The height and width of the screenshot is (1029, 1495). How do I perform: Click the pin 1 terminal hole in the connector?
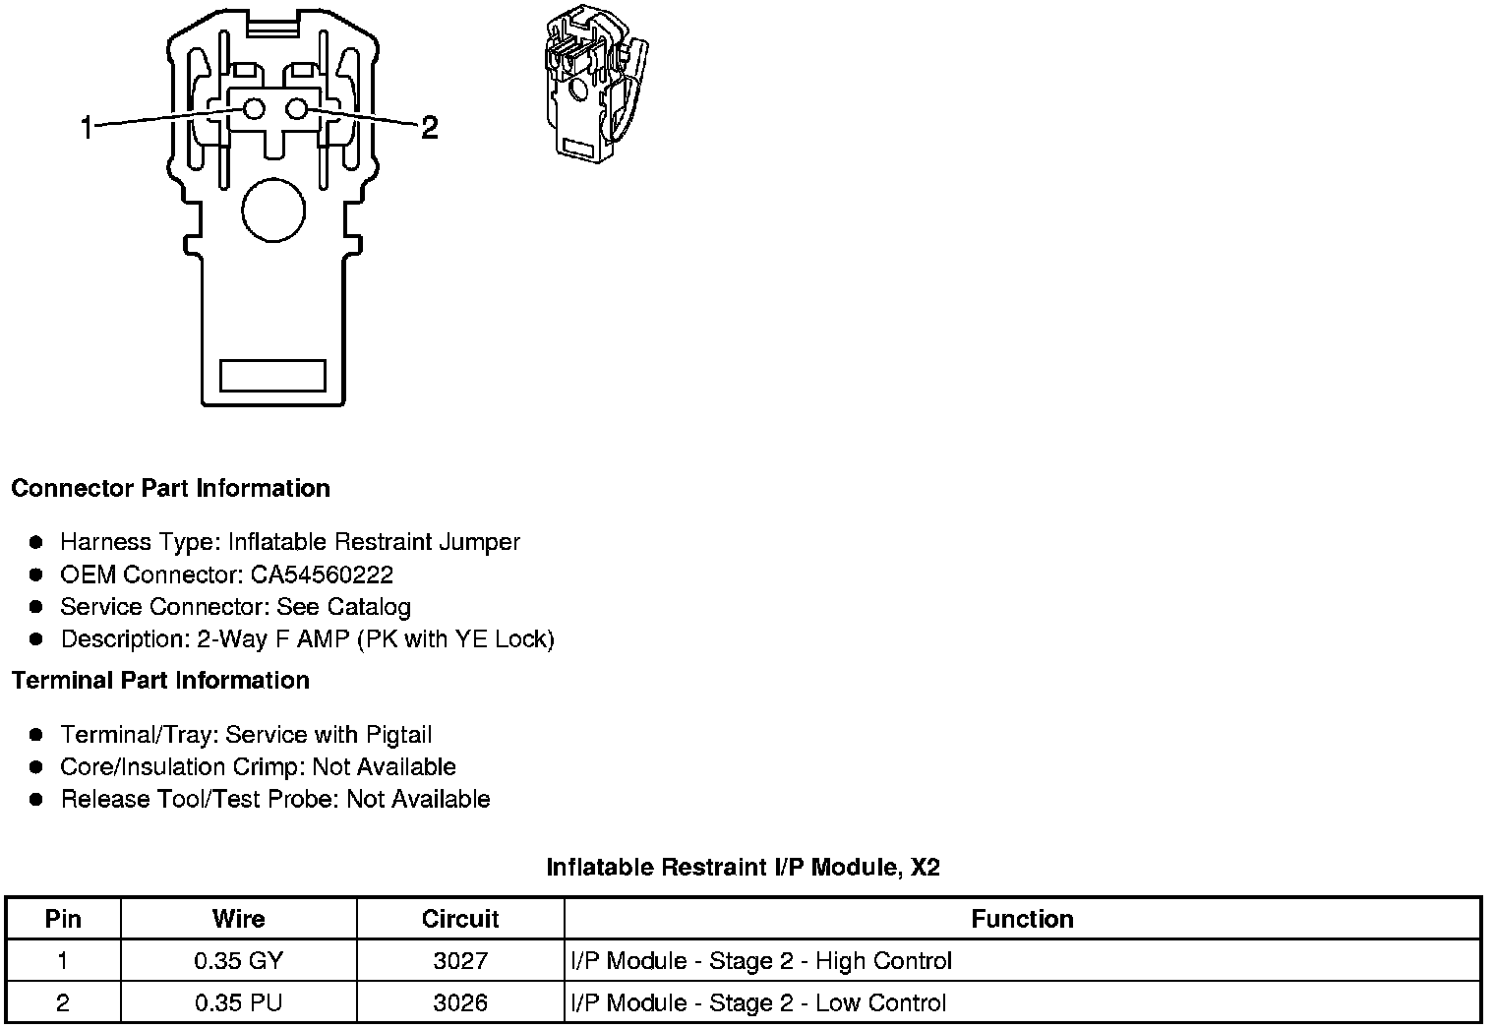click(x=254, y=109)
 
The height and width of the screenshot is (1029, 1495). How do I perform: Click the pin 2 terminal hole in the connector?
click(x=298, y=109)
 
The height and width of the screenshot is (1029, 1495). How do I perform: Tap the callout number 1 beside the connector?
click(x=87, y=127)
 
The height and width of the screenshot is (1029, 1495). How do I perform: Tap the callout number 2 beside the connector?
click(x=429, y=127)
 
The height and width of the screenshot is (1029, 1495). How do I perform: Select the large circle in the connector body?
click(x=273, y=211)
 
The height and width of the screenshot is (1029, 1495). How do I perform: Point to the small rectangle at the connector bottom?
click(x=272, y=375)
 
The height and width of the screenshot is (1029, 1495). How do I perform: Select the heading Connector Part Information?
click(x=170, y=489)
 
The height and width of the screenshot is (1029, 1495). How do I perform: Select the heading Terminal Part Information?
click(x=160, y=681)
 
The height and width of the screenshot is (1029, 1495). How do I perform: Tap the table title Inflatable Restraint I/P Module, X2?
click(x=743, y=867)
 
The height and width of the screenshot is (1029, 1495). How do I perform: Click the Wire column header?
click(x=238, y=919)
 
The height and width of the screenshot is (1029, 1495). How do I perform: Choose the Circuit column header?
click(x=460, y=919)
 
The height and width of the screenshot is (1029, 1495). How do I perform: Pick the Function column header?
click(x=1022, y=919)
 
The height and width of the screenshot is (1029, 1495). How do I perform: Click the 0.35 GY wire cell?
click(x=238, y=961)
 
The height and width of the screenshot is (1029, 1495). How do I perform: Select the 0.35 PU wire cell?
click(x=238, y=1003)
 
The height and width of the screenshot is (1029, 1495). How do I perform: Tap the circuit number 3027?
click(x=460, y=961)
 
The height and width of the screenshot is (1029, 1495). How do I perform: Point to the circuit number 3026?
click(x=460, y=1003)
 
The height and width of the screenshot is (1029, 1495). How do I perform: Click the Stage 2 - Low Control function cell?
click(x=758, y=1003)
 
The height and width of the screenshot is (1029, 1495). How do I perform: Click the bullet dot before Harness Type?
click(x=36, y=542)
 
